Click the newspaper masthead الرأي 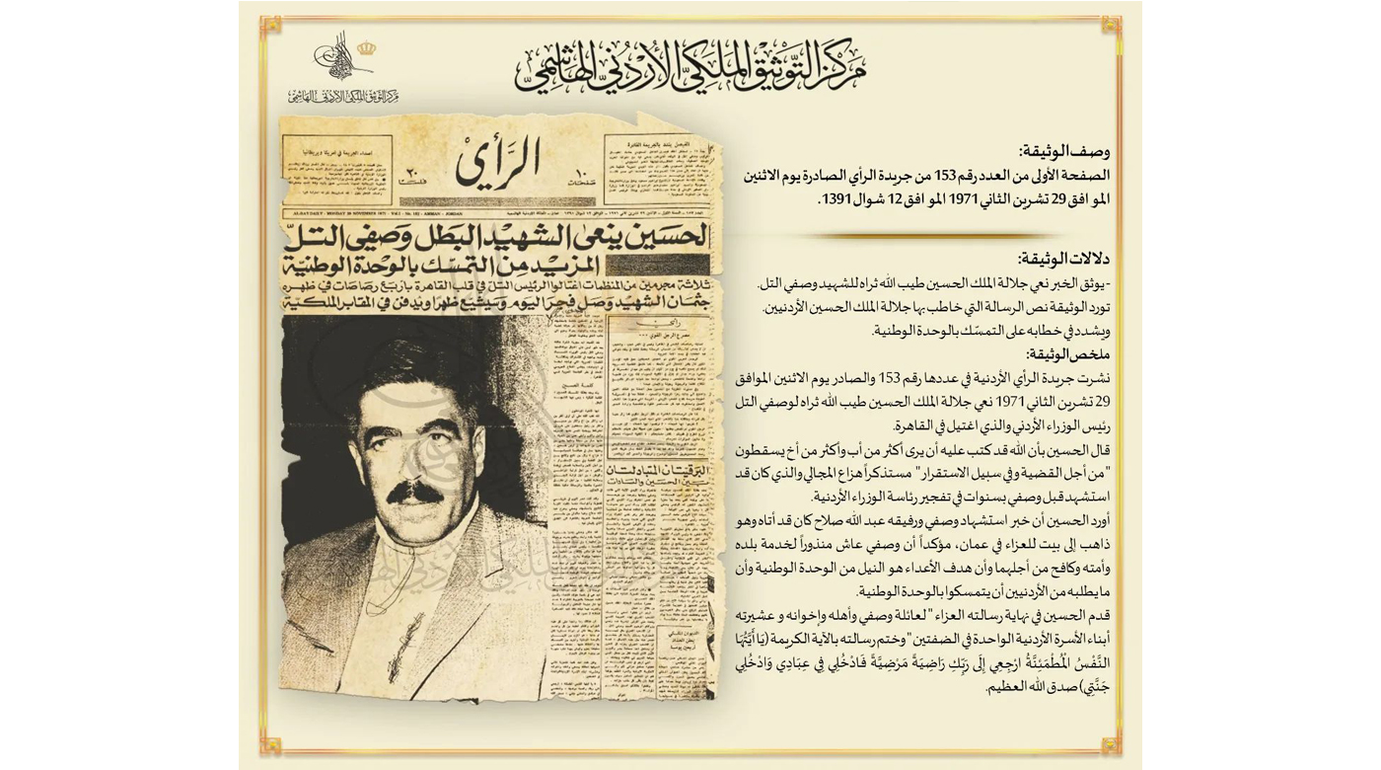coord(498,163)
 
